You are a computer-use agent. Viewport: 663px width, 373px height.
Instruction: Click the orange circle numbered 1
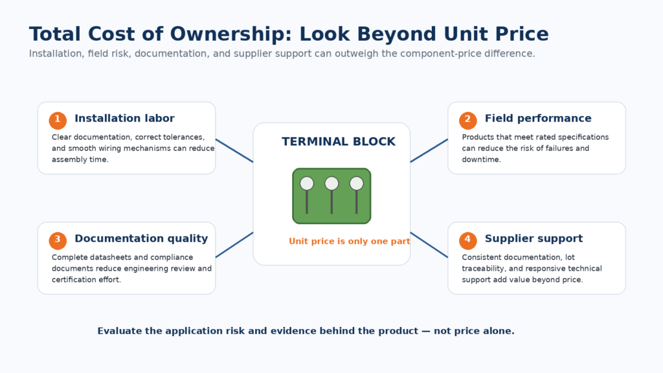58,120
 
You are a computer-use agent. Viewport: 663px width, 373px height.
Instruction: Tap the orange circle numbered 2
467,120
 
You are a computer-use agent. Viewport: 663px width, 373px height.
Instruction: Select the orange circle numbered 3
58,241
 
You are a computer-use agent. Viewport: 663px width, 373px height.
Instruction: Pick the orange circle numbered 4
467,241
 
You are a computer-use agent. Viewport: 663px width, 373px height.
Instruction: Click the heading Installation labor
124,119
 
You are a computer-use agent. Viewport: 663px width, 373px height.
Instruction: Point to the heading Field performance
538,119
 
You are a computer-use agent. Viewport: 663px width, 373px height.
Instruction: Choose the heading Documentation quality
141,238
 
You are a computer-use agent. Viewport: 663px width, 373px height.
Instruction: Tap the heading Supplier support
534,238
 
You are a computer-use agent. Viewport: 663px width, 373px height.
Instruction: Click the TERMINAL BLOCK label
339,142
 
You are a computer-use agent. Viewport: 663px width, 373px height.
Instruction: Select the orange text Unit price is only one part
349,241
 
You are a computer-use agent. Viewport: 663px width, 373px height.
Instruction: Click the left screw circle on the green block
307,183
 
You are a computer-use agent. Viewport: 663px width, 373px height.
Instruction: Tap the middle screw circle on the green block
331,183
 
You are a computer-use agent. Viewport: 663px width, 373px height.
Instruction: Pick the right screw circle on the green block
357,183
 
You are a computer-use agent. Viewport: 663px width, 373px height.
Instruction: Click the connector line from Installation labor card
234,150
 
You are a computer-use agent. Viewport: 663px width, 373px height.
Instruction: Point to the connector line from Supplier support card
429,245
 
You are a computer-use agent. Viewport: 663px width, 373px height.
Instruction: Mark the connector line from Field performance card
429,150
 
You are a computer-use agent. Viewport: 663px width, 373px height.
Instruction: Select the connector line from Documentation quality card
234,245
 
